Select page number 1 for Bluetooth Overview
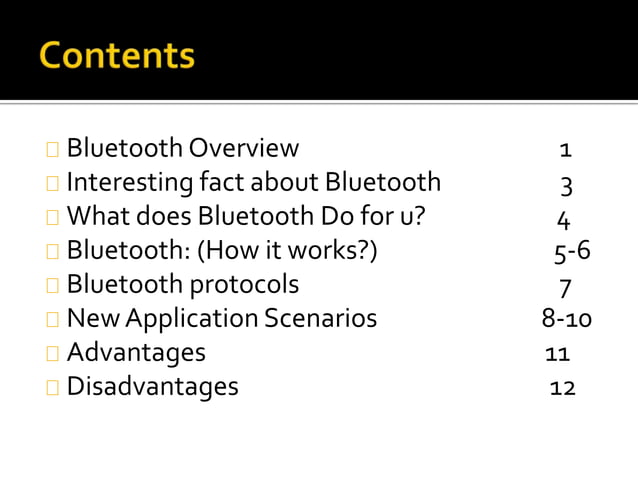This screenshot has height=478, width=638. click(566, 151)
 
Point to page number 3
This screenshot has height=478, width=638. click(566, 185)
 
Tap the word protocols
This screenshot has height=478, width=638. click(245, 284)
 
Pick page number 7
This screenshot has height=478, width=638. click(566, 287)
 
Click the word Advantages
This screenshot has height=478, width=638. click(136, 352)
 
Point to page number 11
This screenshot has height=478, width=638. click(557, 354)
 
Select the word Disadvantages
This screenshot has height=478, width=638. click(152, 386)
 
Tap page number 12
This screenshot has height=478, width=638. click(562, 388)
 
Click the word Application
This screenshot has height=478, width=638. click(185, 318)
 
